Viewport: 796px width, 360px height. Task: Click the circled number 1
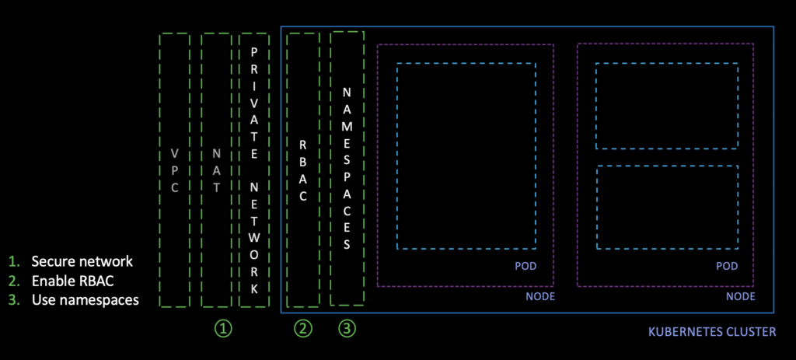pyautogui.click(x=223, y=329)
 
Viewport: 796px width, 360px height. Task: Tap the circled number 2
pyautogui.click(x=302, y=329)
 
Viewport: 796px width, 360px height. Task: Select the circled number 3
pyautogui.click(x=347, y=329)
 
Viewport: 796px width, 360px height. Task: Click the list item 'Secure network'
pyautogui.click(x=82, y=261)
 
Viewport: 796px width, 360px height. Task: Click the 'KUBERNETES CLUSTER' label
pyautogui.click(x=711, y=332)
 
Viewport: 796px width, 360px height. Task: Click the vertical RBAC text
pyautogui.click(x=303, y=170)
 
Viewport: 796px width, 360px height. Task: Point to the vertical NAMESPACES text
pyautogui.click(x=347, y=168)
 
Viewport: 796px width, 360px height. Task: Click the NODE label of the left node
pyautogui.click(x=539, y=296)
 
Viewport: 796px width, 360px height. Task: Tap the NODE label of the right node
pyautogui.click(x=740, y=296)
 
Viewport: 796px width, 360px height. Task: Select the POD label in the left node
pyautogui.click(x=525, y=267)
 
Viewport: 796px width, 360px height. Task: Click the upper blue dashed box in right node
pyautogui.click(x=667, y=106)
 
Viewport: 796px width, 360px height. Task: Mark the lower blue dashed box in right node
pyautogui.click(x=667, y=207)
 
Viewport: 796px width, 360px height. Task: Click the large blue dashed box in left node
pyautogui.click(x=466, y=156)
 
